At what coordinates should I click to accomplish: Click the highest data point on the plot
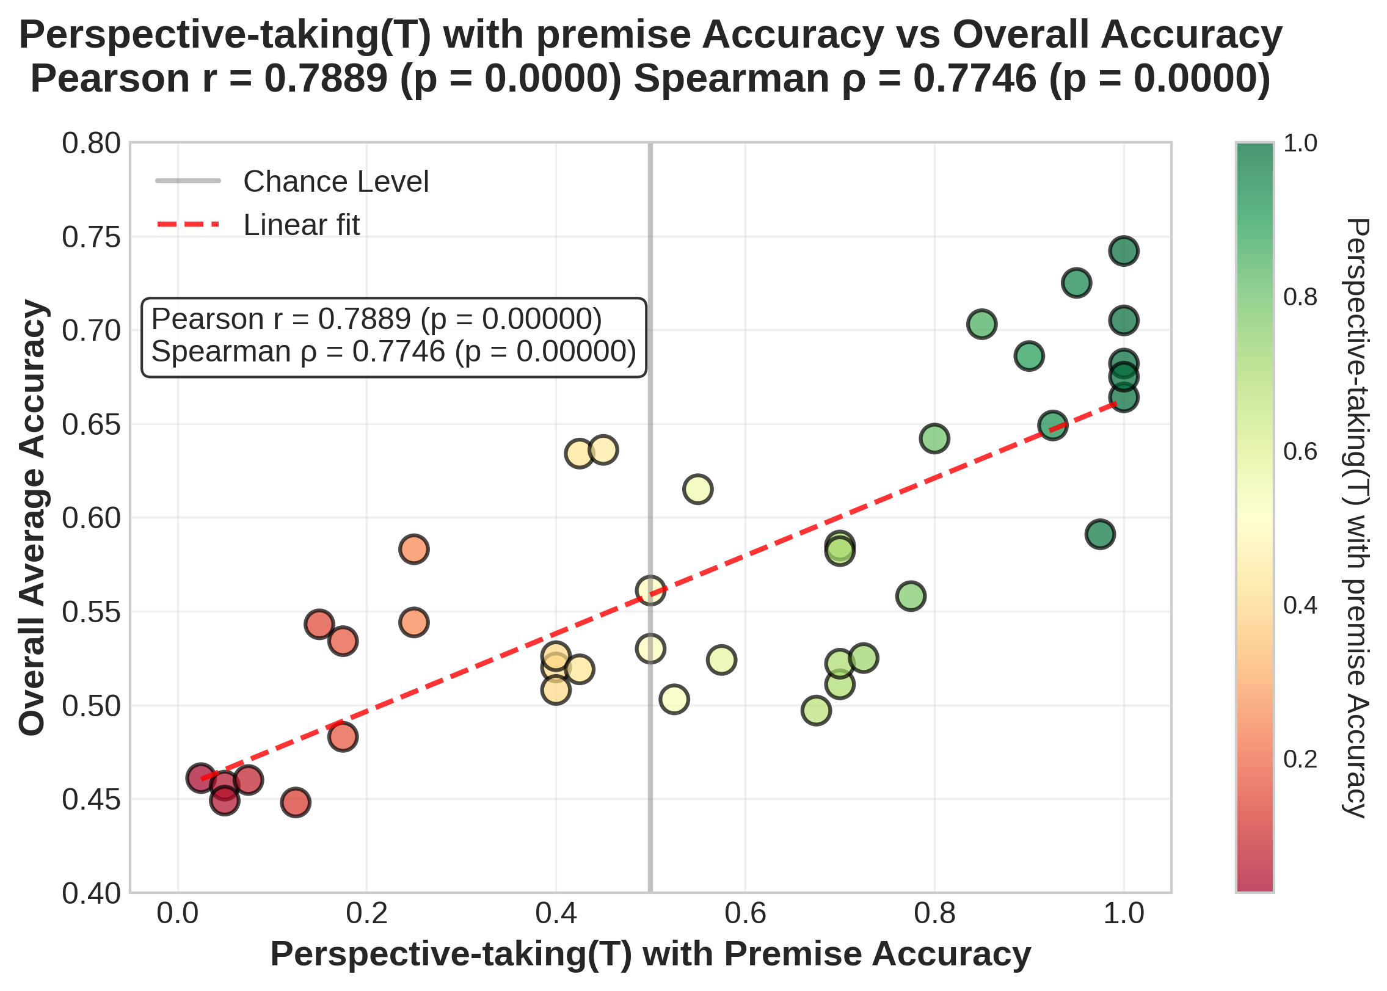point(1123,251)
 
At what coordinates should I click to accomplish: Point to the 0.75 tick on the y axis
point(92,238)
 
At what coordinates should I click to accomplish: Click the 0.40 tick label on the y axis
point(92,893)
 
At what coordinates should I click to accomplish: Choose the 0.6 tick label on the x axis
point(744,914)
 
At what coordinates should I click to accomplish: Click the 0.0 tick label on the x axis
point(178,914)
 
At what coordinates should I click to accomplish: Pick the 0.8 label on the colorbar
point(1300,297)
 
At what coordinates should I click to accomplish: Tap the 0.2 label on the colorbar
point(1300,759)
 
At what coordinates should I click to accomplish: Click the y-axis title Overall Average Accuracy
point(32,518)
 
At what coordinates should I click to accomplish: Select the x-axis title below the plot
point(650,954)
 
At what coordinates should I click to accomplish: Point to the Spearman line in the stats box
point(393,352)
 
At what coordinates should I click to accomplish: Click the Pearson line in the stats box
point(376,319)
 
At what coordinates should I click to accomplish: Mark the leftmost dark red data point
point(201,778)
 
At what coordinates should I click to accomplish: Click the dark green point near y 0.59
point(1100,534)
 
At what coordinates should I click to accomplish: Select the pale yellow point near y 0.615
point(697,489)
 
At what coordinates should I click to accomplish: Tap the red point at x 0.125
point(296,802)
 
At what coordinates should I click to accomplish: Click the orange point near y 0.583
point(413,549)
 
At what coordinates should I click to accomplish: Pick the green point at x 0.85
point(981,324)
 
